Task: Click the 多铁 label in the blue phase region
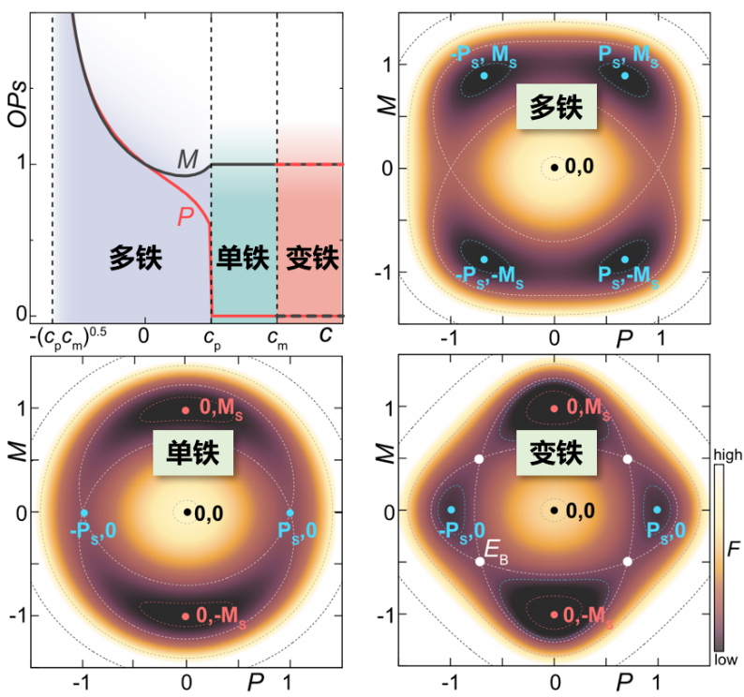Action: [x=136, y=258]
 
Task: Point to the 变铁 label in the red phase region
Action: [x=311, y=258]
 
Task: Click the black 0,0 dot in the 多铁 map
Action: [x=555, y=168]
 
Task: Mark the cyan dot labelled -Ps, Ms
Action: [x=484, y=75]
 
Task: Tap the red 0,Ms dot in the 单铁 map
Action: [x=186, y=409]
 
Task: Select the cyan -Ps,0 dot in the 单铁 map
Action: [x=84, y=512]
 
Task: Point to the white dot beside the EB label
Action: [x=481, y=561]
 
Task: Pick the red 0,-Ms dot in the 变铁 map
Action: [x=555, y=615]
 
